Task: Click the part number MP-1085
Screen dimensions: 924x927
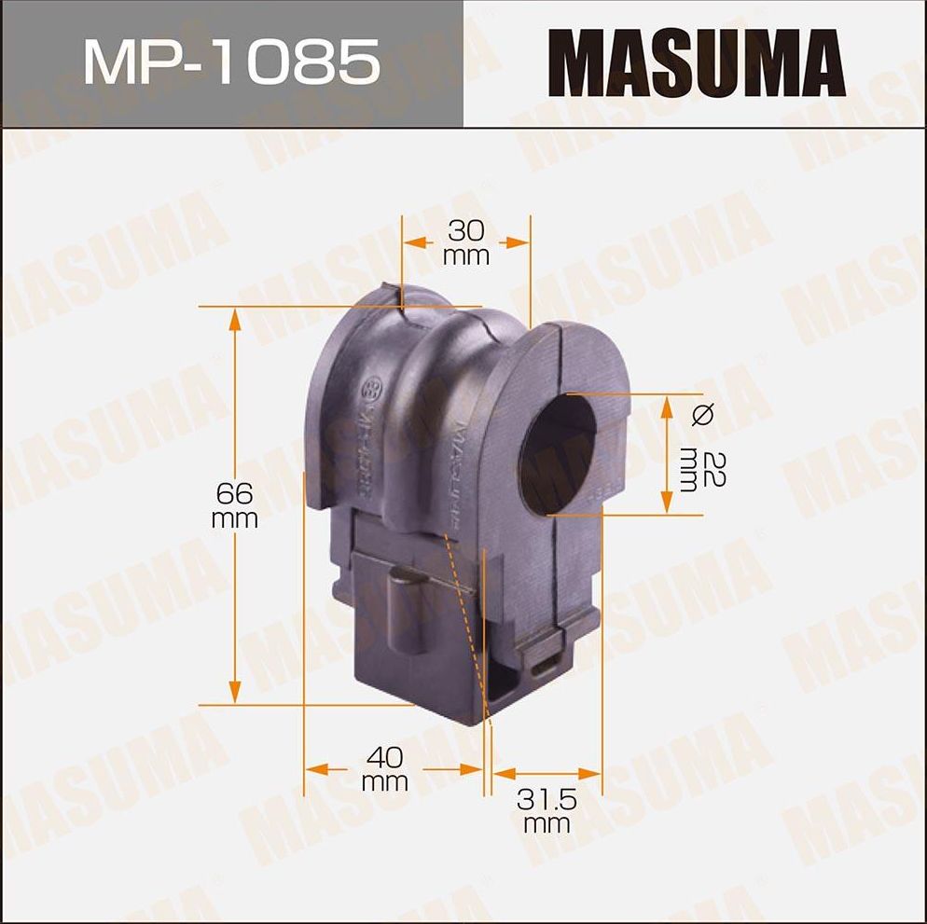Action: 231,63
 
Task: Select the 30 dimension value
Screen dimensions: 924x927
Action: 465,230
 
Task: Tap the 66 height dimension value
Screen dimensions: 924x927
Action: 234,492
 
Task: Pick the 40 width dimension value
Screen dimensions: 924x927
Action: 384,755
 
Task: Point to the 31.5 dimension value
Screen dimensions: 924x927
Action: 547,800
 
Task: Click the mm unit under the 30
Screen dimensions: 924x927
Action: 465,256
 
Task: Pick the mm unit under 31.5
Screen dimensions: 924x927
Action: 547,824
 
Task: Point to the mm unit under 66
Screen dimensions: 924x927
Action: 234,518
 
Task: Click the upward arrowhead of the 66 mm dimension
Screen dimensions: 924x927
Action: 234,320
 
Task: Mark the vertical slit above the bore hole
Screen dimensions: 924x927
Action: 559,354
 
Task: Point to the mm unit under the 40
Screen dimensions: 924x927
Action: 384,781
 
